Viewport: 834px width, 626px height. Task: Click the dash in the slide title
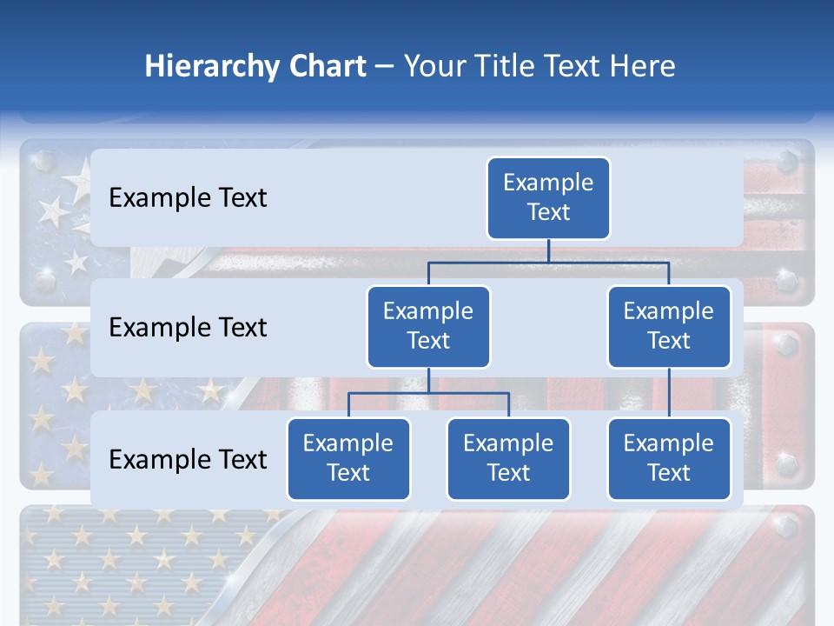385,68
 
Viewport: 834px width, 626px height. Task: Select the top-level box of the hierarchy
548,198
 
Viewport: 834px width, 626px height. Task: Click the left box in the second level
428,327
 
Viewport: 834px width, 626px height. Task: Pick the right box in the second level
669,327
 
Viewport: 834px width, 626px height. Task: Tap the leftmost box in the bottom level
348,459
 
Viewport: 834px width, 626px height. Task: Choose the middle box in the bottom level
508,459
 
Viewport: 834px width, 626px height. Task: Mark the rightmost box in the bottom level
669,459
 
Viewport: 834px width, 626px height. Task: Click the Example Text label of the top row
188,198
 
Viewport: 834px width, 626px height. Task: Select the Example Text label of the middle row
188,328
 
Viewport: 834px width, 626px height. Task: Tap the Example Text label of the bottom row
188,460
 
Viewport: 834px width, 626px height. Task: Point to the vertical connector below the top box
548,250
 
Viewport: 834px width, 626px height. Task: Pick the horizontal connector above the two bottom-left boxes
428,393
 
